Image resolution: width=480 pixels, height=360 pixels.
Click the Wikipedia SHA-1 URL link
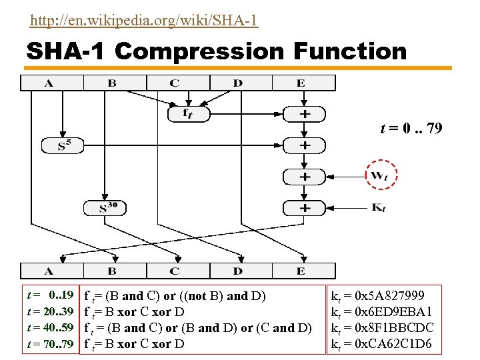(x=144, y=21)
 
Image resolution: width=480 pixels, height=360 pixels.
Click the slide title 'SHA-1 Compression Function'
(x=216, y=51)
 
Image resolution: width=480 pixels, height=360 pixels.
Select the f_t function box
(x=188, y=114)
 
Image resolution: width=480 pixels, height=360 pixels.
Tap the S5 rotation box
(x=63, y=145)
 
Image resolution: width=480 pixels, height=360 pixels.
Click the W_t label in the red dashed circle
(x=380, y=177)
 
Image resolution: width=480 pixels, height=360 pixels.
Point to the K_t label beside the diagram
(x=377, y=208)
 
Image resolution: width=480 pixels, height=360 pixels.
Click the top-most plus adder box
(x=304, y=114)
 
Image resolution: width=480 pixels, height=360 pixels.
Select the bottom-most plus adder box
(x=304, y=207)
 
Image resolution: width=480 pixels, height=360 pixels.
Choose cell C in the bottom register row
(x=175, y=271)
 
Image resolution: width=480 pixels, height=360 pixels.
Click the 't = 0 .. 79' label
(x=411, y=128)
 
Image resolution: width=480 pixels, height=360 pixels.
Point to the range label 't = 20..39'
(x=50, y=312)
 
